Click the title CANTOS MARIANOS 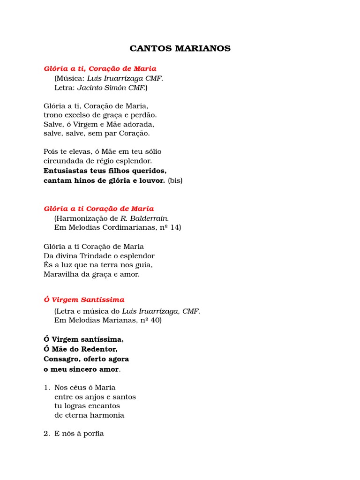180,49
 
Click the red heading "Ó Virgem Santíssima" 84,300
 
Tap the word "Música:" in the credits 69,78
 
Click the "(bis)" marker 175,180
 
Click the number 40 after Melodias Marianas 155,321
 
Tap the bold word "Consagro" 61,359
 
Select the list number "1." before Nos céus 46,388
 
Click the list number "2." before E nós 46,434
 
